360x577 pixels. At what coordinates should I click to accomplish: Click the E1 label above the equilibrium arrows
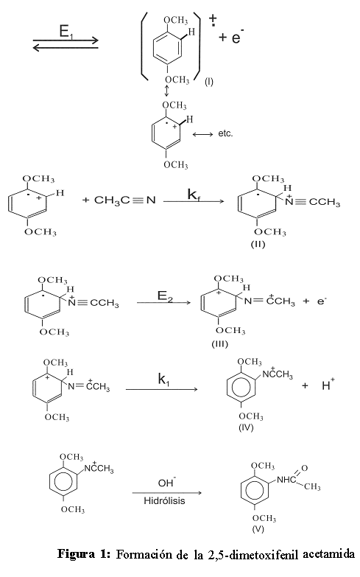click(64, 32)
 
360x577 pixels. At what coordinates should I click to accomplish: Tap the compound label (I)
click(208, 82)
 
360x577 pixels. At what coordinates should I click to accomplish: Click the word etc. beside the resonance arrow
click(225, 133)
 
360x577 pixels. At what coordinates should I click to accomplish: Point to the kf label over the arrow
click(194, 195)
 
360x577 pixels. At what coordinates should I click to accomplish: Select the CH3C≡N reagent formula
click(125, 200)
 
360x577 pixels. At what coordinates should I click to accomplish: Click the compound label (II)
click(258, 244)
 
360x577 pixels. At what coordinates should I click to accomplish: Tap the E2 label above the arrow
click(164, 296)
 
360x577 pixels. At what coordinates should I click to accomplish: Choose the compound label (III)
click(220, 344)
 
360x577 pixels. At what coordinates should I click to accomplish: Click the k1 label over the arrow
click(164, 379)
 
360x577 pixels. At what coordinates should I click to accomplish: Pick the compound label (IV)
click(247, 427)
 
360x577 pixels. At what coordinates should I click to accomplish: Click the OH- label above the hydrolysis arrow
click(167, 482)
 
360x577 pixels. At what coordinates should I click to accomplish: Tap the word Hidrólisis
click(164, 501)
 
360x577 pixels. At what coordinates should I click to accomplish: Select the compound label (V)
click(258, 529)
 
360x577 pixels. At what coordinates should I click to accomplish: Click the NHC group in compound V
click(286, 480)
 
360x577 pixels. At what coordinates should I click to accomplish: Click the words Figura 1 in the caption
click(84, 554)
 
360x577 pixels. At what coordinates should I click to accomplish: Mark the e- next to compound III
click(322, 301)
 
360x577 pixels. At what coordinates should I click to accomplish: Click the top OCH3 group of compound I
click(176, 20)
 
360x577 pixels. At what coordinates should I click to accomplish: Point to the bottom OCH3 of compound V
click(264, 518)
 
